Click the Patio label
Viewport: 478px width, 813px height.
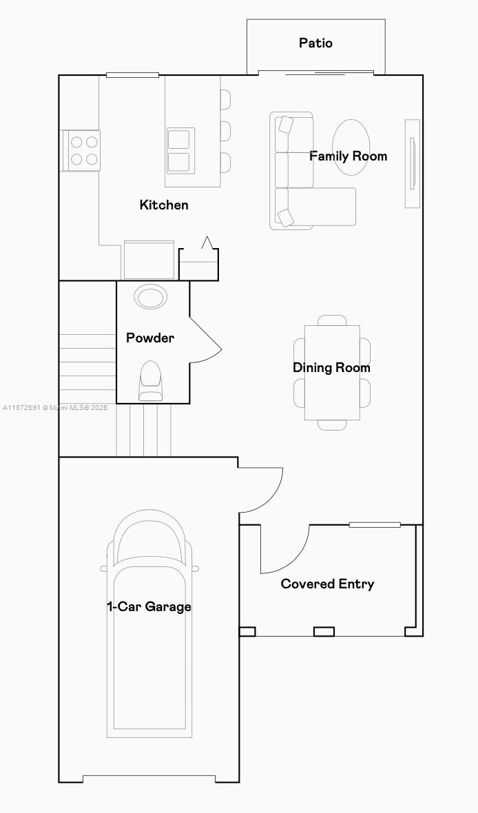click(x=315, y=43)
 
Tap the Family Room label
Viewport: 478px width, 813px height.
click(x=348, y=156)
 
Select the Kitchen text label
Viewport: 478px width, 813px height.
click(x=164, y=205)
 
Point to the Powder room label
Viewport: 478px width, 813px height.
click(x=150, y=338)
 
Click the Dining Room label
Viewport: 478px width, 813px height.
click(x=331, y=368)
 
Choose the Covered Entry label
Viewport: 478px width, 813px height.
click(x=327, y=584)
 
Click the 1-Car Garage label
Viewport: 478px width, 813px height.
click(x=149, y=607)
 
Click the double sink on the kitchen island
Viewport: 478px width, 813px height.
click(x=180, y=150)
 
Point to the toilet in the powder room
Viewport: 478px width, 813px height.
click(x=151, y=381)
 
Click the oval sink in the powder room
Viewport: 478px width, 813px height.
click(x=151, y=298)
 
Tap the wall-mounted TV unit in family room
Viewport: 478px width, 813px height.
click(x=412, y=163)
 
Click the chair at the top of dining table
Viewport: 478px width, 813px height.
click(x=332, y=320)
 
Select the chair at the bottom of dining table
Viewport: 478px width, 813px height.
click(x=332, y=425)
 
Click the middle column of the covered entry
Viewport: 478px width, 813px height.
click(x=324, y=631)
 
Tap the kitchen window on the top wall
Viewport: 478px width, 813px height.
click(x=132, y=75)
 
